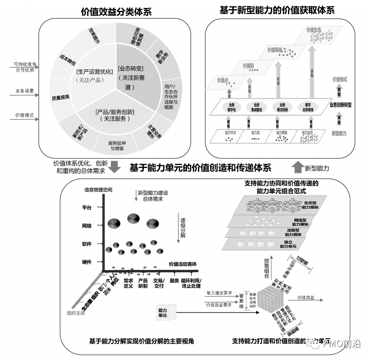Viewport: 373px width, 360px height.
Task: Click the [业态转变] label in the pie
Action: click(131, 68)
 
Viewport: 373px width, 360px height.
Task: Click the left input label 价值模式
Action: click(24, 115)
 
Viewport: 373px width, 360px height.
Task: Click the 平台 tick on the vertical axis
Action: click(87, 207)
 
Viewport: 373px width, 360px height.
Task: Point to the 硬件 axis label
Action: click(87, 262)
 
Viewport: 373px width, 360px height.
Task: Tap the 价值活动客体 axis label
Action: click(183, 264)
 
